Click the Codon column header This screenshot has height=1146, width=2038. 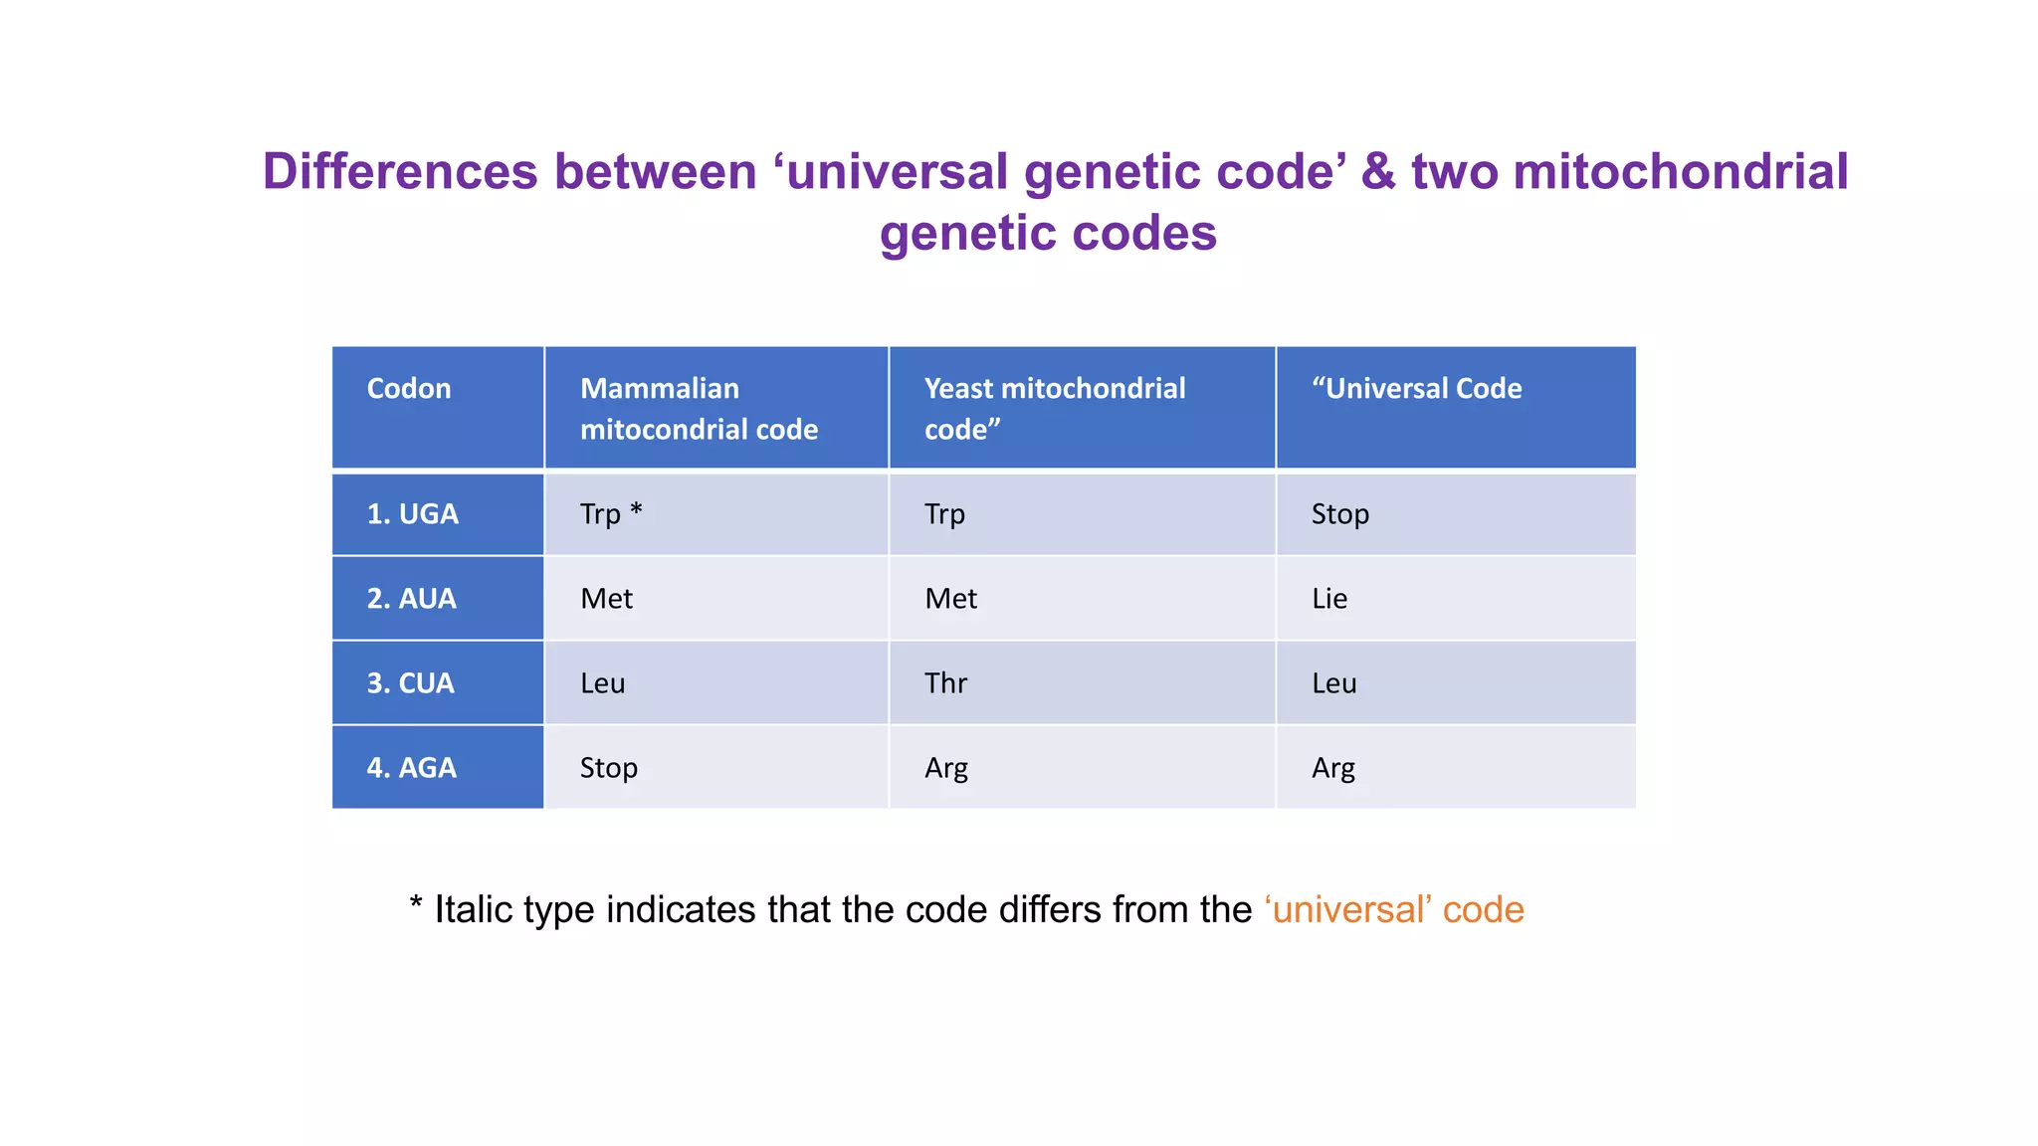[409, 389]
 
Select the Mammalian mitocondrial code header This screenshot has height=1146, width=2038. [699, 408]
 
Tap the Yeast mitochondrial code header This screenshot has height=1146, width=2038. [1055, 408]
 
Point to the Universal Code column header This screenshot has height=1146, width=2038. [1416, 389]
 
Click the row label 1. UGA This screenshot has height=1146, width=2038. [413, 514]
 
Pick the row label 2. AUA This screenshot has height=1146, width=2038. [412, 599]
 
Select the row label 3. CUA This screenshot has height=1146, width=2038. [411, 683]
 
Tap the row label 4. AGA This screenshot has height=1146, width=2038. [412, 768]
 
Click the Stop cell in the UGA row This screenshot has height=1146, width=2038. [1339, 514]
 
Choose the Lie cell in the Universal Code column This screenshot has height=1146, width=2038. [1329, 599]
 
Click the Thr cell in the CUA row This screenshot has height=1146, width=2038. [945, 683]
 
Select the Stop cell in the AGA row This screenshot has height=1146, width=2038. [609, 768]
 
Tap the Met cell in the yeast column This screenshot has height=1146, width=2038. [950, 599]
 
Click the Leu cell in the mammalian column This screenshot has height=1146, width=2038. [603, 683]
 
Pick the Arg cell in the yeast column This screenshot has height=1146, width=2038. [945, 768]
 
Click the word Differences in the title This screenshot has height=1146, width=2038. [400, 171]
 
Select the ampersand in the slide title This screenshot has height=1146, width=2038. [1378, 171]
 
